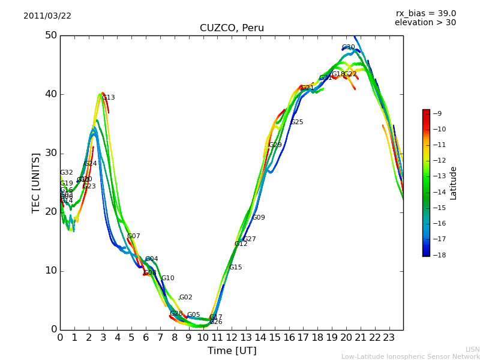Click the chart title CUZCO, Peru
232,28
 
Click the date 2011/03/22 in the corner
47,16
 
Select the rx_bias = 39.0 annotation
425,14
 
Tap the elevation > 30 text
425,23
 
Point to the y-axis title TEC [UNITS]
36,182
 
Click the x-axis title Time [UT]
232,351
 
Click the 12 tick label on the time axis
232,338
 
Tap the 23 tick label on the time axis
389,338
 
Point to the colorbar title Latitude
454,182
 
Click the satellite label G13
109,98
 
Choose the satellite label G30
348,47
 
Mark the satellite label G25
297,122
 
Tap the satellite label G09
259,218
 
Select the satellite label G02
186,298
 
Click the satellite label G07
134,236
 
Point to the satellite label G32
66,173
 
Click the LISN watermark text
472,349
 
